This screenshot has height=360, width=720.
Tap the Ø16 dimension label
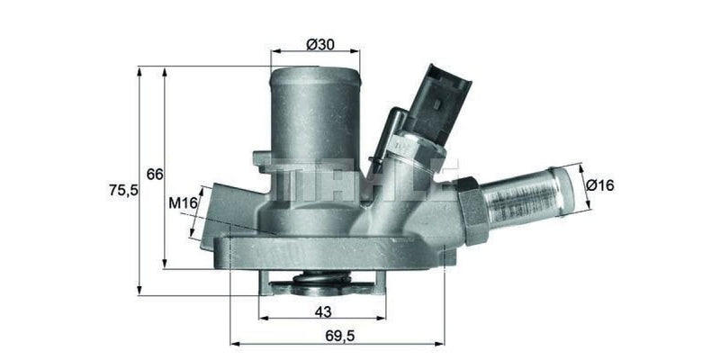tap(599, 185)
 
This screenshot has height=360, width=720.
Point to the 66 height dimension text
tap(155, 175)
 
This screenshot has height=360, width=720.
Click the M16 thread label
tap(184, 203)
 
